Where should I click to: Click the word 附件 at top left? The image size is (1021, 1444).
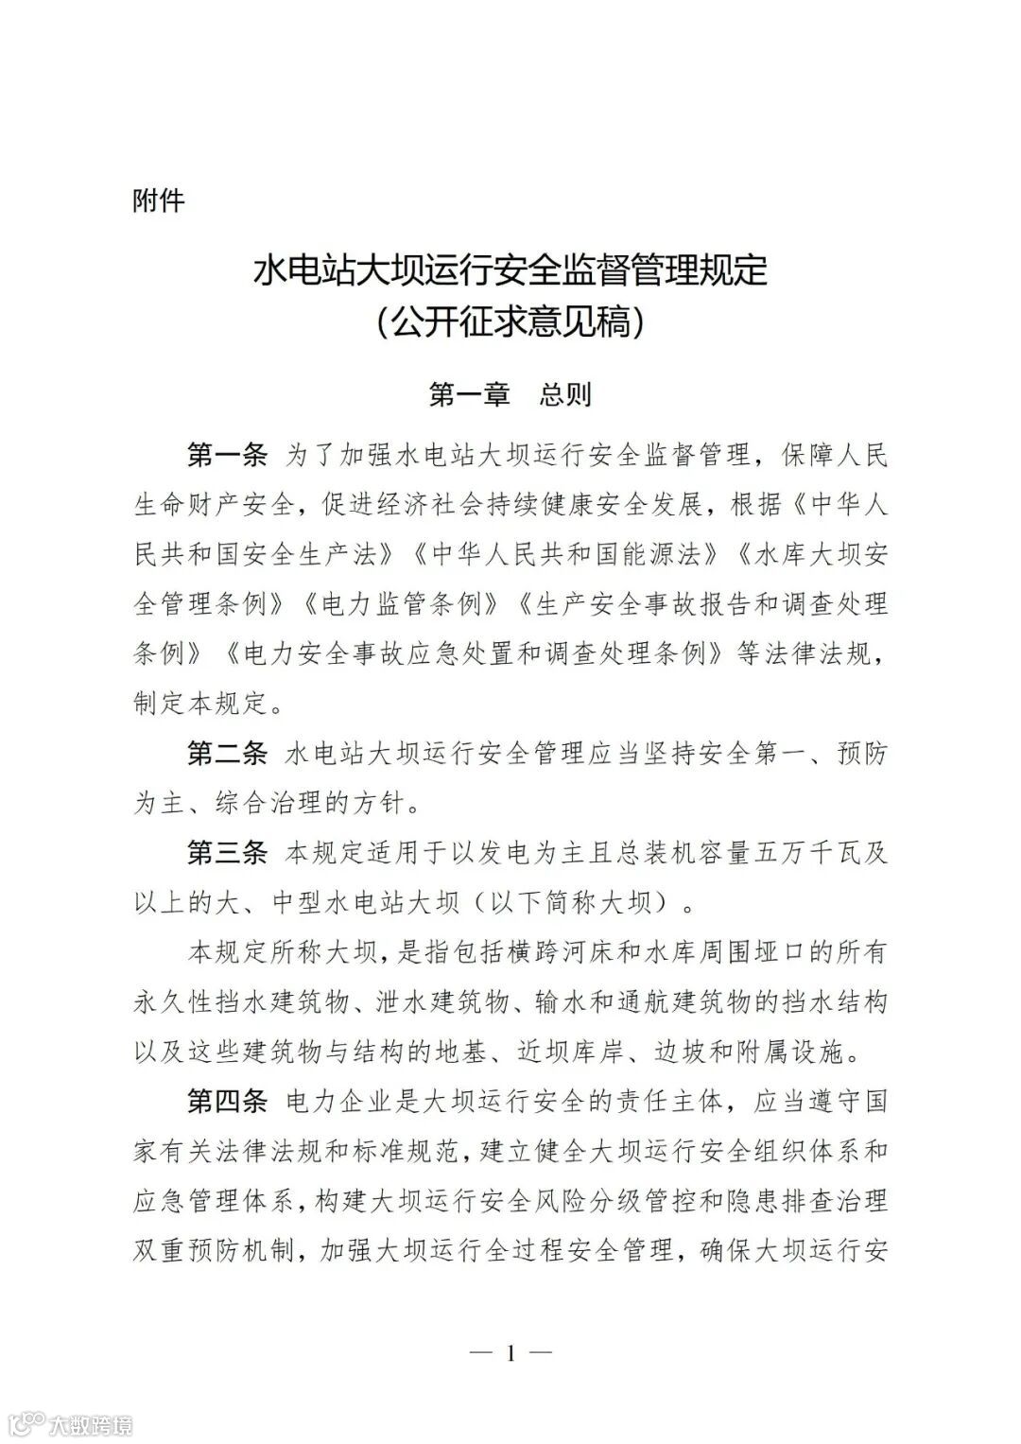(159, 200)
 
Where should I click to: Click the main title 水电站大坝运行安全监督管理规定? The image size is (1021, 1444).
(510, 271)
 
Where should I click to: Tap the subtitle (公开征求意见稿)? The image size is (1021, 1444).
(510, 323)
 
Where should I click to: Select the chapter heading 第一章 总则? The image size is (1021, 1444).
(510, 393)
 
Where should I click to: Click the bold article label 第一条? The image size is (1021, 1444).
(228, 454)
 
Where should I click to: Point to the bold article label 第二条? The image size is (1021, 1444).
(228, 754)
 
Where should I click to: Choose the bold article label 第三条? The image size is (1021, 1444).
(228, 854)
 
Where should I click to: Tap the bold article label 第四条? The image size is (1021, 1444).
(228, 1102)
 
